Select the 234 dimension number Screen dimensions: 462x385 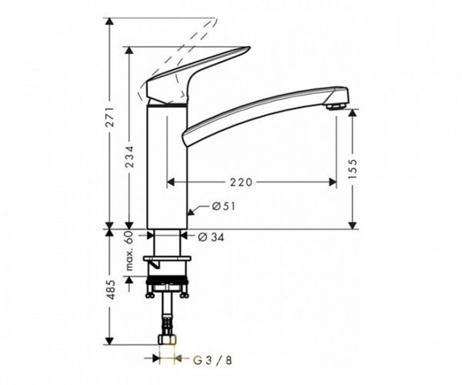coord(130,156)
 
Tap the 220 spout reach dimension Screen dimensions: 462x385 coord(241,183)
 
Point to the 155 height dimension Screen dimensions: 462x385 coord(353,169)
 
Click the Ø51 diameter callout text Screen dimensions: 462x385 coord(224,206)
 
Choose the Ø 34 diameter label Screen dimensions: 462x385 coord(211,237)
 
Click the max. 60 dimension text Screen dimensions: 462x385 coord(130,251)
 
